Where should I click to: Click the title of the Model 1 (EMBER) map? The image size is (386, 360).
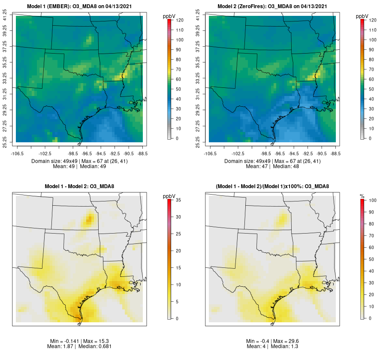pyautogui.click(x=80, y=6)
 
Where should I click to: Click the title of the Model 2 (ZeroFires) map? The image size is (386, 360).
pyautogui.click(x=273, y=6)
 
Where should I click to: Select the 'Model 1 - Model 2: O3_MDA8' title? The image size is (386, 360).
pyautogui.click(x=80, y=186)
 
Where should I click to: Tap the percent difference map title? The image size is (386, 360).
pyautogui.click(x=273, y=186)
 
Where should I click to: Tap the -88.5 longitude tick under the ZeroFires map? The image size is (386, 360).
pyautogui.click(x=335, y=153)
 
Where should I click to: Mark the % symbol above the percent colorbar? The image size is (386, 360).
pyautogui.click(x=362, y=196)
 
